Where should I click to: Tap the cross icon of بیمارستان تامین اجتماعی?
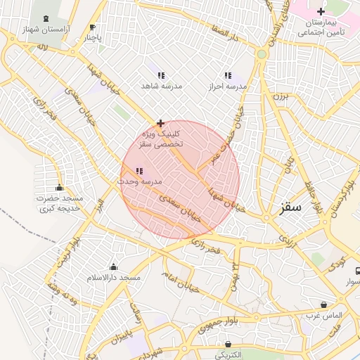pyautogui.click(x=321, y=11)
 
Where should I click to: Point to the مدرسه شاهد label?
pyautogui.click(x=161, y=86)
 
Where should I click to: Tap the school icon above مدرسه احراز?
pyautogui.click(x=227, y=75)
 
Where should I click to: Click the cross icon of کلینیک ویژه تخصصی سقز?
pyautogui.click(x=161, y=123)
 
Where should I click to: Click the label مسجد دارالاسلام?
pyautogui.click(x=112, y=278)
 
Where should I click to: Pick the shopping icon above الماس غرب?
pyautogui.click(x=323, y=305)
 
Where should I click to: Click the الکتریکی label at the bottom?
pyautogui.click(x=226, y=355)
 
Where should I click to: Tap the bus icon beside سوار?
pyautogui.click(x=357, y=271)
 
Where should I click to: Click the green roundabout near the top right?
pyautogui.click(x=262, y=53)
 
